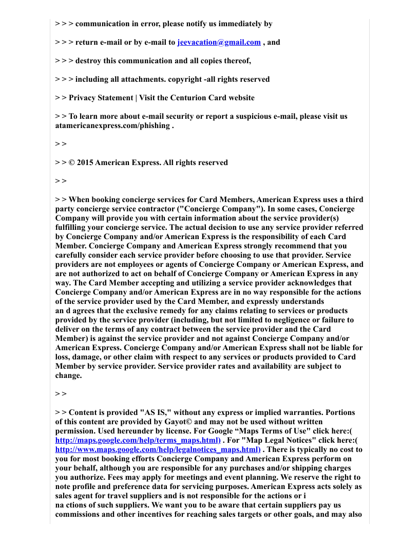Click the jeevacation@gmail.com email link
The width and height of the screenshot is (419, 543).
219,42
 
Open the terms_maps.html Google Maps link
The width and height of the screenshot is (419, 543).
138,440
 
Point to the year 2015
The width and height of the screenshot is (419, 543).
84,162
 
